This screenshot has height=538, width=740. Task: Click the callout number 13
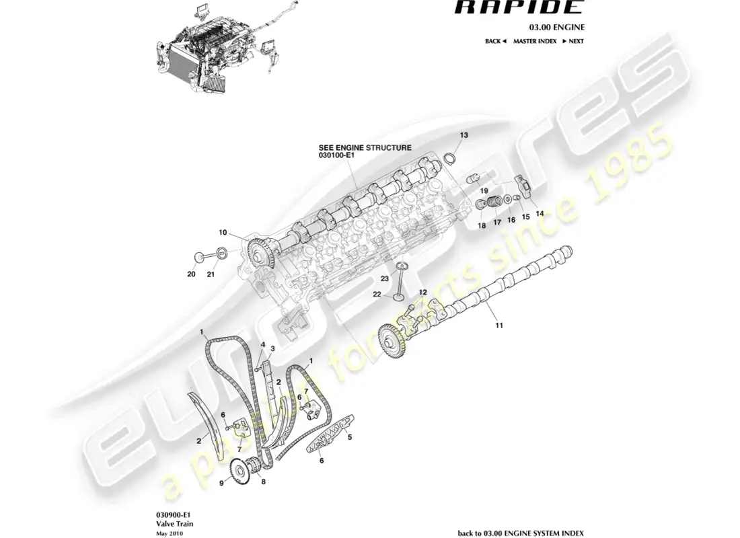coord(464,135)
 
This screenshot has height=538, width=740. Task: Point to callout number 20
coord(190,274)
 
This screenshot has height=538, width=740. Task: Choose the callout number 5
coord(350,436)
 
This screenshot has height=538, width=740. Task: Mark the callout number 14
coord(540,213)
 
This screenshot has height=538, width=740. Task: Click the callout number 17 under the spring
coord(498,223)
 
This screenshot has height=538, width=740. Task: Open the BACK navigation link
coord(494,41)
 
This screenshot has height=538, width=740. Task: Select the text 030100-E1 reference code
coord(336,155)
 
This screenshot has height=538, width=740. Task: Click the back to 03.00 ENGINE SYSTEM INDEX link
coord(520,532)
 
